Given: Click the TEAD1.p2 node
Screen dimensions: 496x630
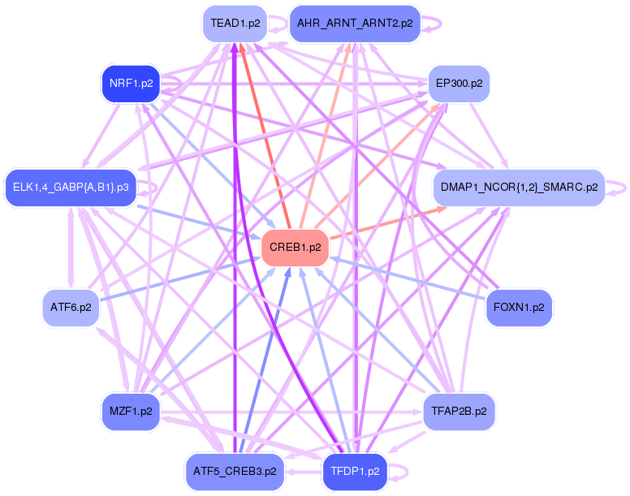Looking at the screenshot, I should click(235, 23).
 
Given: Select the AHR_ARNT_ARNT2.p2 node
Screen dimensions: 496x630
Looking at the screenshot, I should click(355, 23).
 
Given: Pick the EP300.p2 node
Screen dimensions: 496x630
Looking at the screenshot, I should click(459, 83).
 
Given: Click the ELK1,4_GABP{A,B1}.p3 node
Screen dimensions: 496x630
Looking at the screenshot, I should click(70, 188).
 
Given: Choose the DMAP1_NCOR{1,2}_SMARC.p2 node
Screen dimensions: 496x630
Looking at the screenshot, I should click(519, 188).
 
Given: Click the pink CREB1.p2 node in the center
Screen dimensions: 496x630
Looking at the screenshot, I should click(294, 248).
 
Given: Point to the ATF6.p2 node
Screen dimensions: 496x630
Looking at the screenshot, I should click(70, 308).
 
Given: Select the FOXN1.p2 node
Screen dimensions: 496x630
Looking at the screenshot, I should click(519, 308).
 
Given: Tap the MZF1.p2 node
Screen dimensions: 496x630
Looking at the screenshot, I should click(130, 412).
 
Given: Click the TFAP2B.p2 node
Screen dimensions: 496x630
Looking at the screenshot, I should click(459, 412).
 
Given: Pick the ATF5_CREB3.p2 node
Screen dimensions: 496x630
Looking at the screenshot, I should click(235, 471).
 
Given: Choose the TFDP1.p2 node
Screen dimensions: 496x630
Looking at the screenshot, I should click(355, 471).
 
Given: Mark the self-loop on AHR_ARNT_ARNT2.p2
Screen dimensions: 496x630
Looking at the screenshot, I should click(441, 23).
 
